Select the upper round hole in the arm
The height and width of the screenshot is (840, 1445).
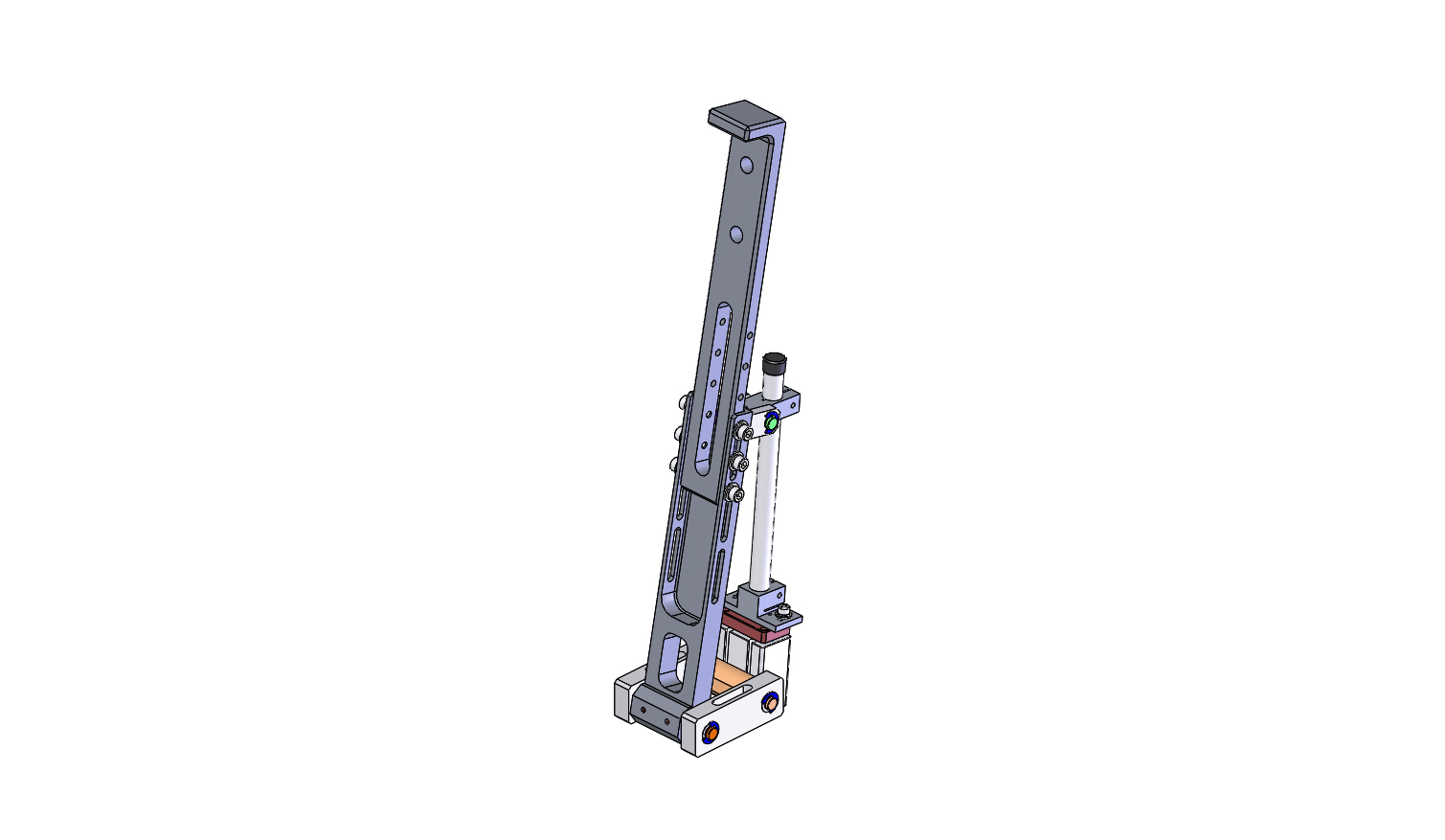click(747, 165)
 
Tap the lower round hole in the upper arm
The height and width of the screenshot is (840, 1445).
click(735, 234)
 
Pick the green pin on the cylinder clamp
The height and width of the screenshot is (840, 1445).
click(772, 422)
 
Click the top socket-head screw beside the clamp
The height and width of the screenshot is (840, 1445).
click(744, 433)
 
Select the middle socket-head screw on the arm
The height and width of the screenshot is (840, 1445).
click(738, 464)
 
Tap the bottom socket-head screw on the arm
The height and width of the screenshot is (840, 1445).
click(734, 494)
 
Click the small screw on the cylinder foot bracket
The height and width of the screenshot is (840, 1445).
click(784, 612)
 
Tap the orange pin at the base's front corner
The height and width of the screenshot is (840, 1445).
click(711, 734)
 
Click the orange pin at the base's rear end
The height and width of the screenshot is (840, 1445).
click(769, 704)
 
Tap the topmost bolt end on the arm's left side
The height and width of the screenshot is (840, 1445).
click(682, 401)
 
